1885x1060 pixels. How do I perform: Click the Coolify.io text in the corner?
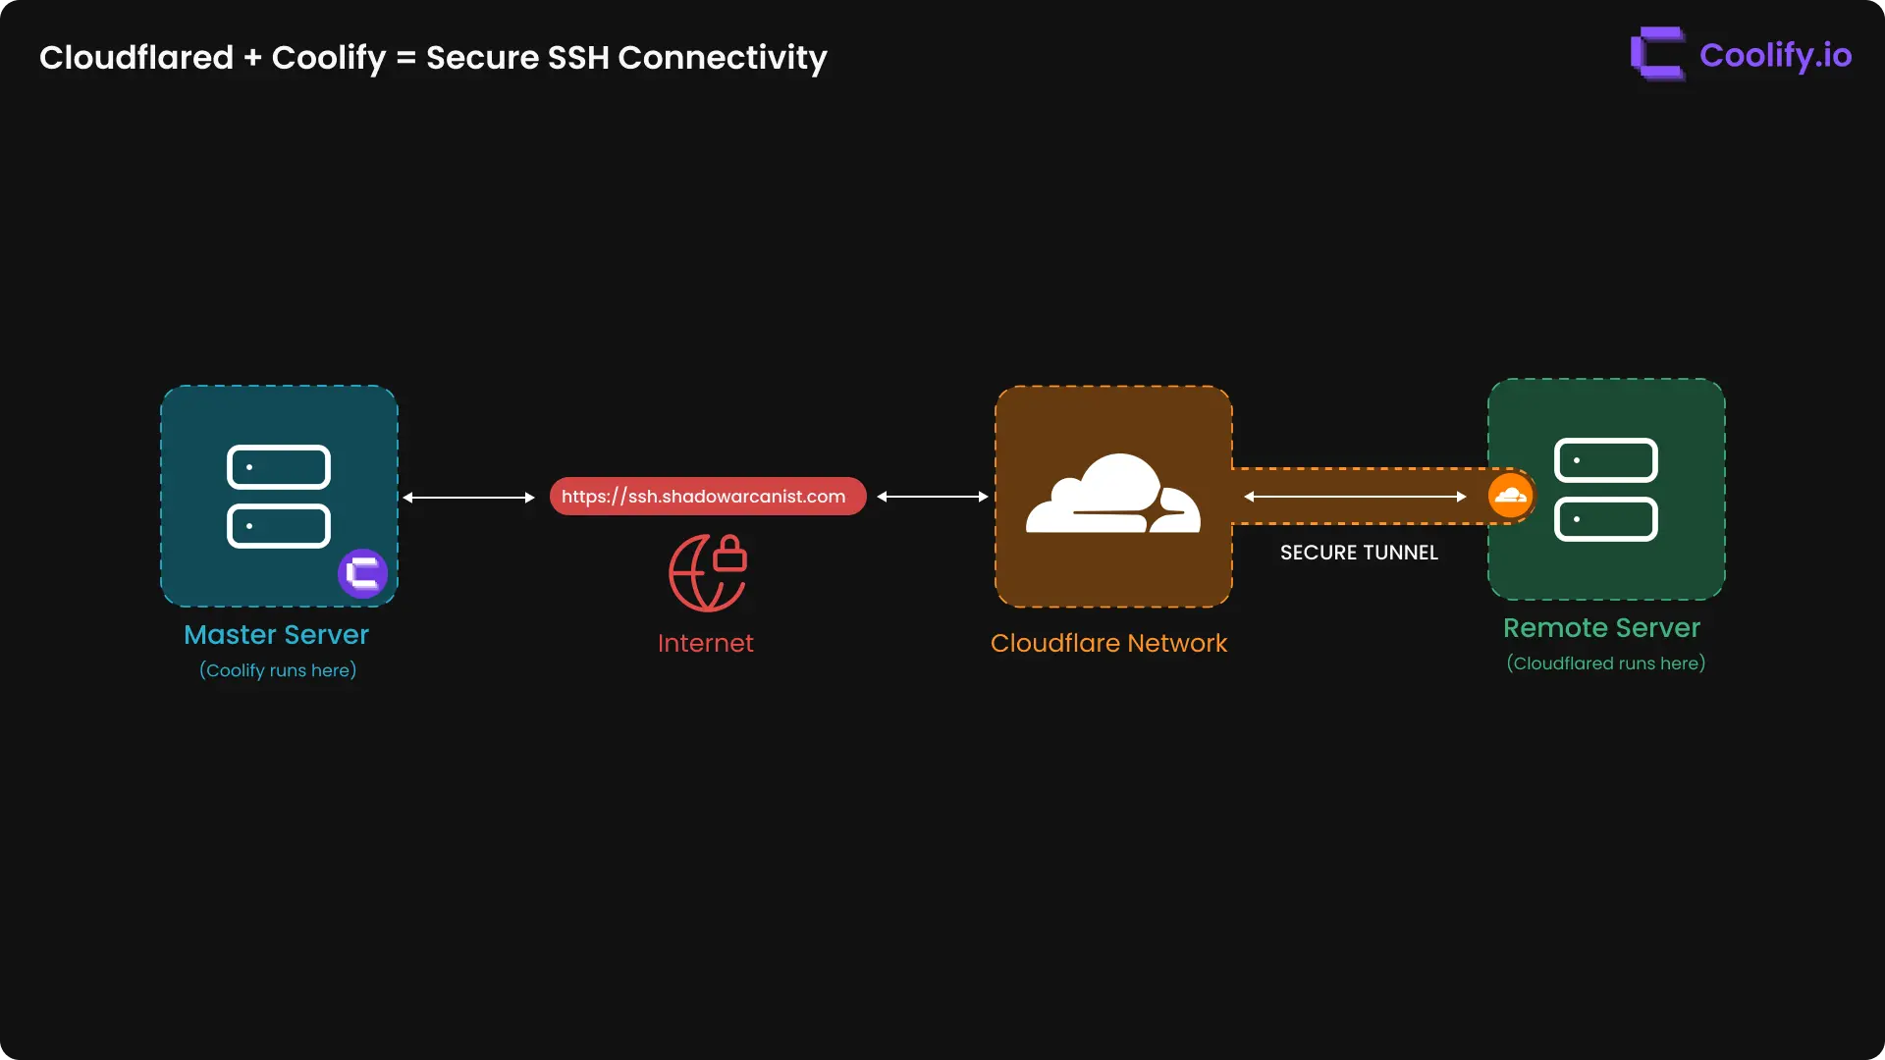point(1775,56)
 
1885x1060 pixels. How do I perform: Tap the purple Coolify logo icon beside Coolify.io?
point(1657,54)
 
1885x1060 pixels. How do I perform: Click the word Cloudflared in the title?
point(136,58)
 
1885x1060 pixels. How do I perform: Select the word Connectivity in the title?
point(723,58)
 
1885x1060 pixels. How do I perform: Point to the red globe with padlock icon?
point(708,573)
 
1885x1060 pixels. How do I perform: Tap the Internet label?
point(705,644)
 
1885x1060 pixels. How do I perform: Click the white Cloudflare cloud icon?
point(1112,495)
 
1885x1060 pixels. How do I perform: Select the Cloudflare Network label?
point(1108,644)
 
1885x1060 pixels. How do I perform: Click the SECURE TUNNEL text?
point(1359,554)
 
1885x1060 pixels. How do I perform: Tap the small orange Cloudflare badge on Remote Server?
point(1510,496)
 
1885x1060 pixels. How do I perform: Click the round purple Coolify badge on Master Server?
point(363,573)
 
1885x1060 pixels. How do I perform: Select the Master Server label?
point(276,635)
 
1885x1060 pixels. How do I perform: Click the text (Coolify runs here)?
point(278,670)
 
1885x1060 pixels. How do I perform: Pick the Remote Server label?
point(1601,628)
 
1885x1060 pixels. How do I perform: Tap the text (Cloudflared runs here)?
point(1605,663)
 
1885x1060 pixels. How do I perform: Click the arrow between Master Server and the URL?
point(468,498)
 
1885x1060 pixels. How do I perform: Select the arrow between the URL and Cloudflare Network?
point(932,497)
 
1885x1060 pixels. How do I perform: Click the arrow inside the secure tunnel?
point(1355,497)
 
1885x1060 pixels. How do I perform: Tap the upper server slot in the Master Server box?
point(279,467)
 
